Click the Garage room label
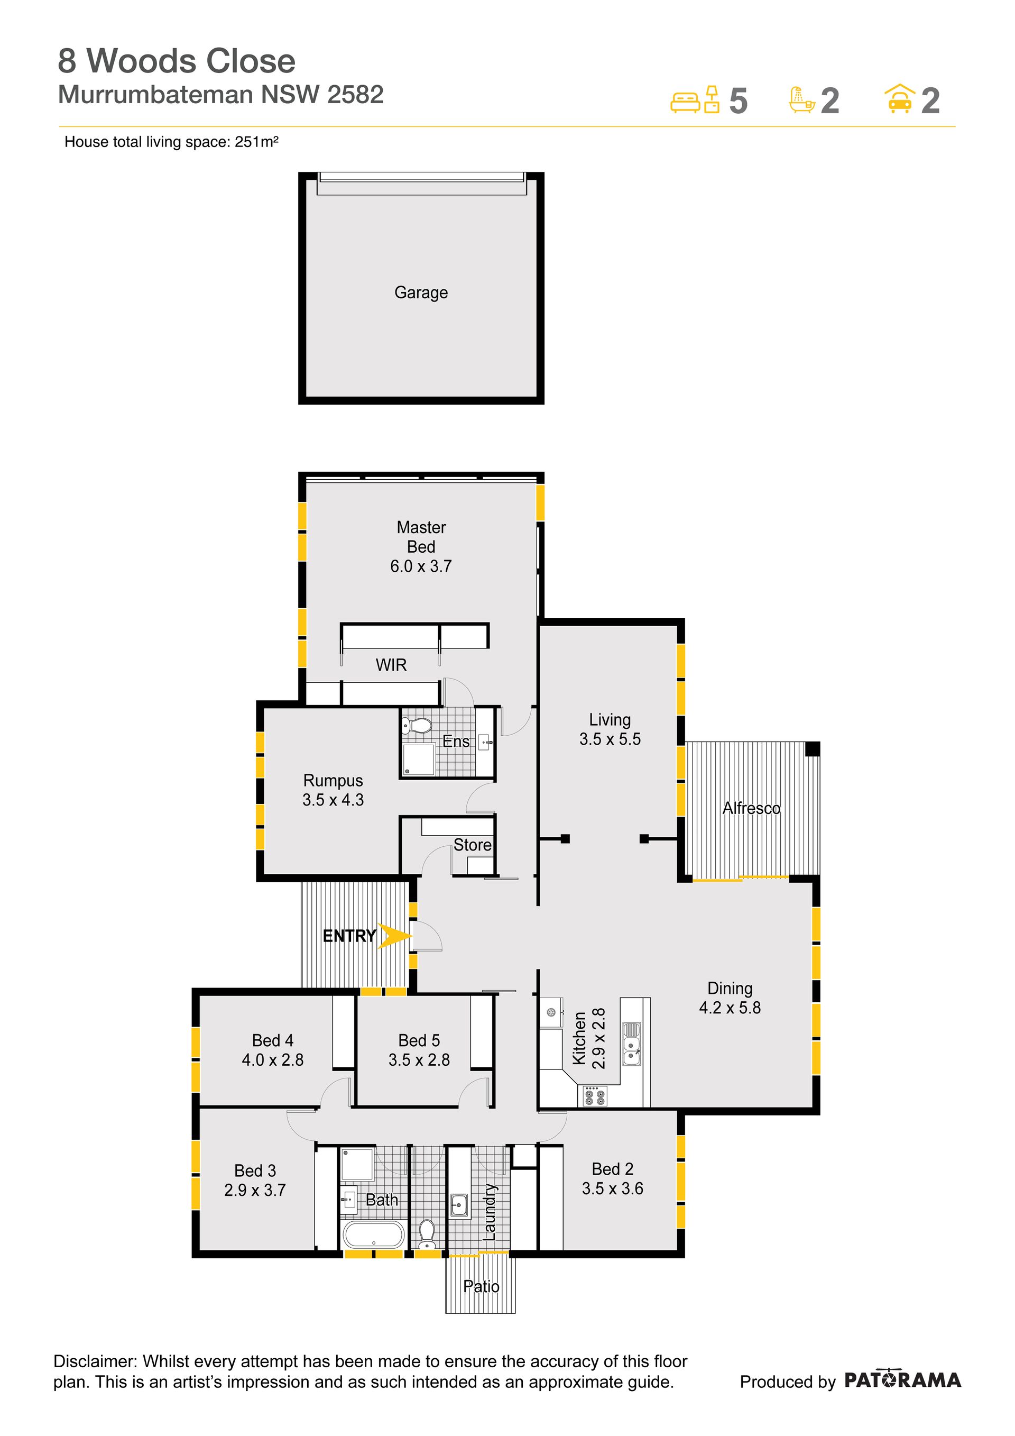pyautogui.click(x=421, y=292)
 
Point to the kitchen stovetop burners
pyautogui.click(x=594, y=1096)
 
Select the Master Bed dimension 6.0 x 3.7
pyautogui.click(x=421, y=566)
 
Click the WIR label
pyautogui.click(x=391, y=665)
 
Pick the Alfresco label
pyautogui.click(x=751, y=808)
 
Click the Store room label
pyautogui.click(x=473, y=845)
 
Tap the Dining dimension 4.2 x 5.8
pyautogui.click(x=730, y=1008)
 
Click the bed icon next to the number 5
pyautogui.click(x=685, y=102)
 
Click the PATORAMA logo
pyautogui.click(x=902, y=1380)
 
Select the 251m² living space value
pyautogui.click(x=256, y=142)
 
